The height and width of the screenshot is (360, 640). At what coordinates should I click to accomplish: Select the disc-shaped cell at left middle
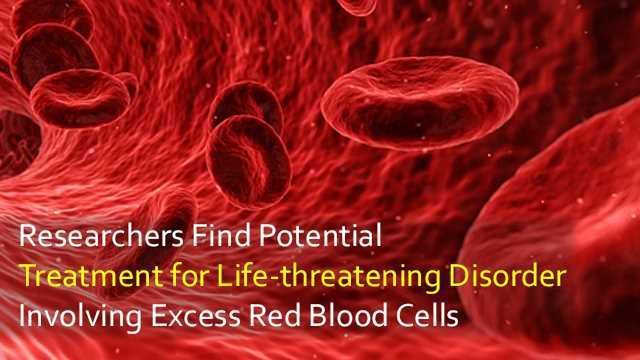point(80,98)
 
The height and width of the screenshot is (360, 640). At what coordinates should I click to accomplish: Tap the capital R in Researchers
point(27,239)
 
